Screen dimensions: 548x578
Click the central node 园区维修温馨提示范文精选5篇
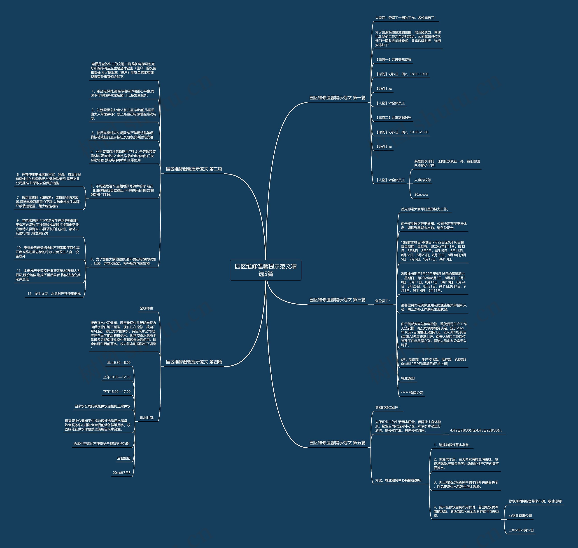tap(266, 270)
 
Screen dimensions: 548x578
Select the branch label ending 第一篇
tap(337, 98)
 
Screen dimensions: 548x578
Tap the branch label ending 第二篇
tap(194, 169)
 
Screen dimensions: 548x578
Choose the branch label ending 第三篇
tap(337, 300)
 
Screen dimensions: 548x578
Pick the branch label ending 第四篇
tap(194, 362)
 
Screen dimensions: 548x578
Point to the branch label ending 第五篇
tap(337, 443)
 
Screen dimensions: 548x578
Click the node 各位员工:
tap(382, 301)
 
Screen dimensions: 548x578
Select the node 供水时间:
tap(147, 418)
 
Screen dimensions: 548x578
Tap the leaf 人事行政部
tap(422, 180)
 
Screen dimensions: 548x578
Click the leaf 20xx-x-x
tap(421, 195)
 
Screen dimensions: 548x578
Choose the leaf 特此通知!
tap(408, 378)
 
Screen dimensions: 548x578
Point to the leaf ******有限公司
tap(412, 393)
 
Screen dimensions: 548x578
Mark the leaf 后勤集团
tap(124, 458)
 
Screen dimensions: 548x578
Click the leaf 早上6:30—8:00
tap(119, 363)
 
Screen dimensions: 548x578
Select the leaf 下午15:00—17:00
tap(117, 392)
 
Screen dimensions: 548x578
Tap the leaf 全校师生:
tap(147, 308)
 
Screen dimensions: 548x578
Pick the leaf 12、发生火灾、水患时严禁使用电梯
tap(54, 294)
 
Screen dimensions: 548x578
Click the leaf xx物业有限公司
tap(520, 516)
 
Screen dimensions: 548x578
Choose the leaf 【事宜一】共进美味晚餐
tap(393, 60)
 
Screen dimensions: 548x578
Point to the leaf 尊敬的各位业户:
tap(387, 407)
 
